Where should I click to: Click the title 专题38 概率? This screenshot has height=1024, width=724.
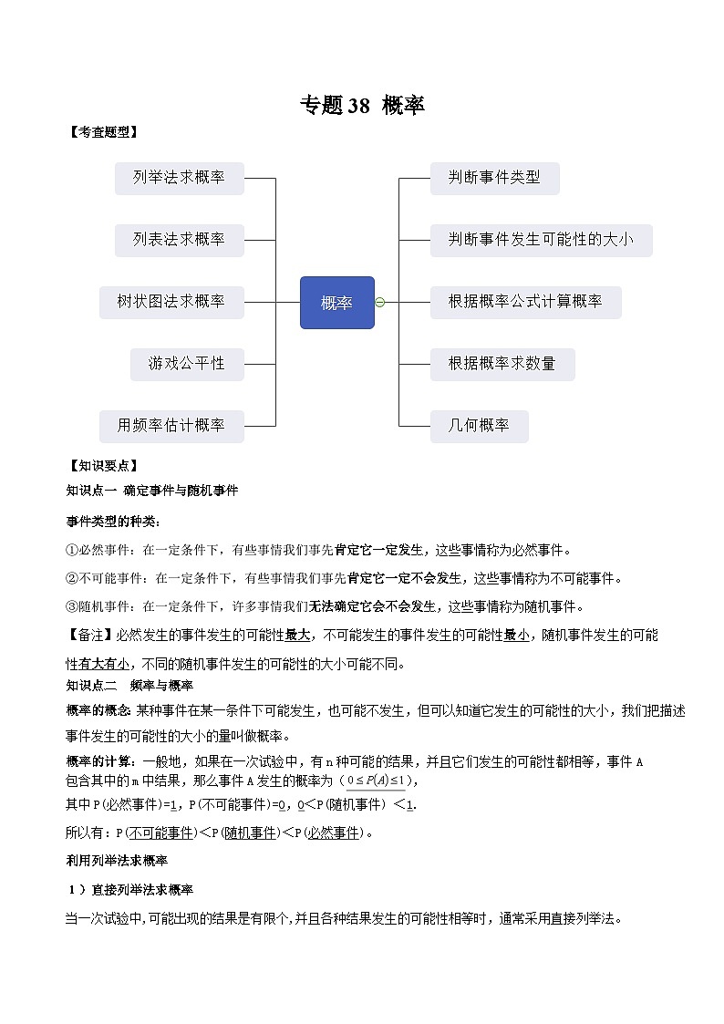pyautogui.click(x=362, y=106)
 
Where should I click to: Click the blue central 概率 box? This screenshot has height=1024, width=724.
pyautogui.click(x=336, y=303)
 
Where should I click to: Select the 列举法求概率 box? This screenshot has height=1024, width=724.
pyautogui.click(x=179, y=178)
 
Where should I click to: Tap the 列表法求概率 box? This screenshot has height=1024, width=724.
pyautogui.click(x=179, y=240)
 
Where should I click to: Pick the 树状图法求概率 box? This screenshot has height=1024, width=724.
pyautogui.click(x=171, y=302)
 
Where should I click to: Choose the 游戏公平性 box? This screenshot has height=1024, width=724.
pyautogui.click(x=186, y=364)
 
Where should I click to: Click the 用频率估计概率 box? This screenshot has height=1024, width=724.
pyautogui.click(x=171, y=426)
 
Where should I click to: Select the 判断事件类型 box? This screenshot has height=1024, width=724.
pyautogui.click(x=494, y=178)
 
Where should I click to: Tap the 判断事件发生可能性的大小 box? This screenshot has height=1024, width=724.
pyautogui.click(x=541, y=240)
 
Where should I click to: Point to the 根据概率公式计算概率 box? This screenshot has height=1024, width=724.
pyautogui.click(x=525, y=302)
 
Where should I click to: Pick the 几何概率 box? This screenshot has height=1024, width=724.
pyautogui.click(x=479, y=426)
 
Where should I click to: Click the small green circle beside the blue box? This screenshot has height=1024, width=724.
pyautogui.click(x=380, y=303)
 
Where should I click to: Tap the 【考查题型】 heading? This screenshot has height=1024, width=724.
pyautogui.click(x=102, y=132)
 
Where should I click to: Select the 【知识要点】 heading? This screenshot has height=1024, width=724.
pyautogui.click(x=102, y=466)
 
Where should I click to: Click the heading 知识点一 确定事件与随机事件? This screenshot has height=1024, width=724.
pyautogui.click(x=152, y=491)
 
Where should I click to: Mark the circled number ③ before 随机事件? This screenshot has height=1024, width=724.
pyautogui.click(x=72, y=606)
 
